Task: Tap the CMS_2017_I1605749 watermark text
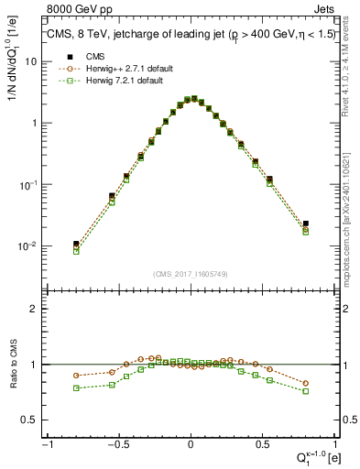[191, 274]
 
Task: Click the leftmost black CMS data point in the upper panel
[76, 245]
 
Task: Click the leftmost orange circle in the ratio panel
[76, 376]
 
